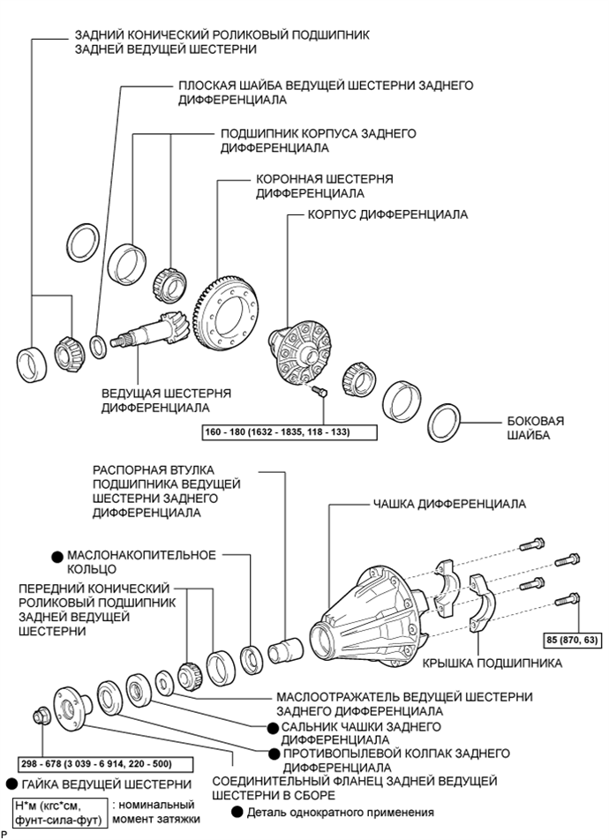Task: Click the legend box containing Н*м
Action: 59,814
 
